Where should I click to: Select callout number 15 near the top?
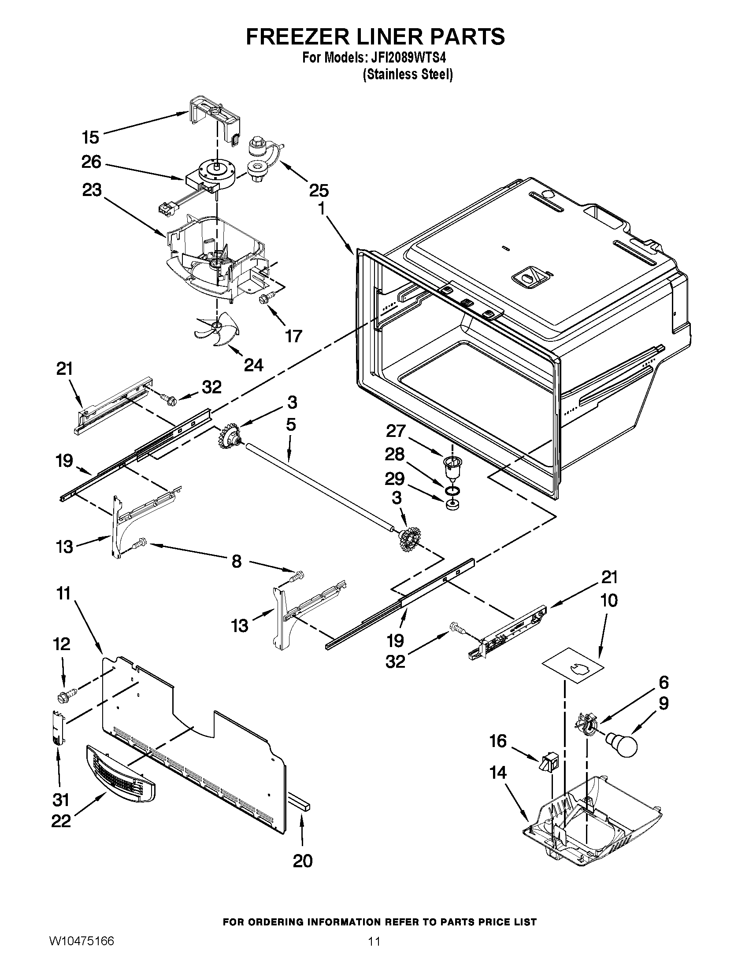90,137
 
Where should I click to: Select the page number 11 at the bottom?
374,951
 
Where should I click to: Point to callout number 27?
395,431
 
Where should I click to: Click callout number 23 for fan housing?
92,190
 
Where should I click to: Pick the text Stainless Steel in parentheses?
408,74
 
